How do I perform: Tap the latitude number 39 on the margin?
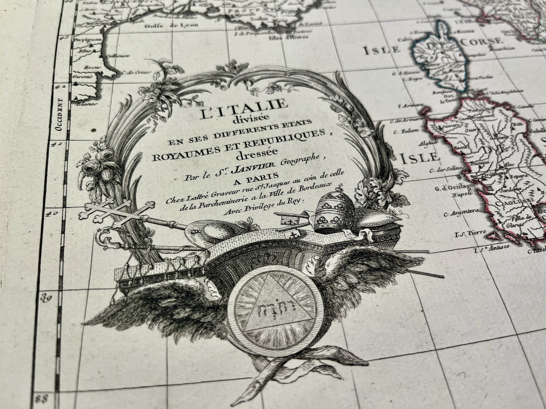coord(46,299)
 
